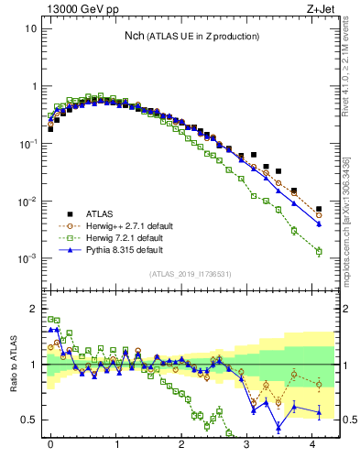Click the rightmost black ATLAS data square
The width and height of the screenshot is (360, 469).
[x=319, y=209]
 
